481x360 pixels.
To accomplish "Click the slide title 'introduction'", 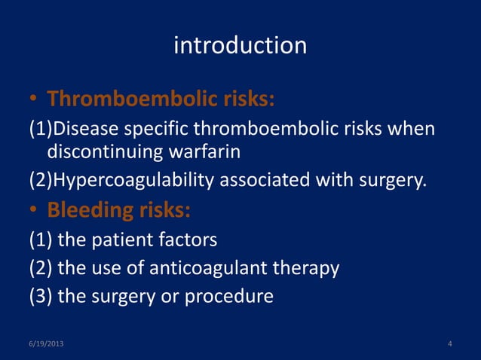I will [240, 46].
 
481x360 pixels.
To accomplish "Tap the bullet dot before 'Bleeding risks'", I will [33, 212].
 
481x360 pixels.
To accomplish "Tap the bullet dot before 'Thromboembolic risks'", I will [33, 100].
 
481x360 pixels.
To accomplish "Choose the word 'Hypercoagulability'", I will [127, 182].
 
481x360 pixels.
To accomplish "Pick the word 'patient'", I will [124, 240].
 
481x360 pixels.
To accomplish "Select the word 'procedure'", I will [234, 297].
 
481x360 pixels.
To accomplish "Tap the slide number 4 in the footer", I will [450, 344].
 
